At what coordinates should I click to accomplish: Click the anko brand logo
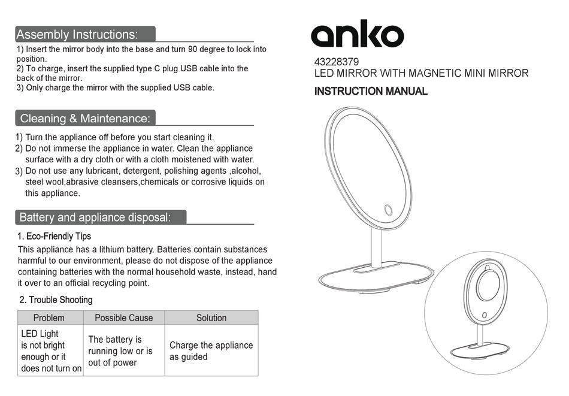pyautogui.click(x=357, y=36)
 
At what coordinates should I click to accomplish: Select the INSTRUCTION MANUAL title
pyautogui.click(x=371, y=92)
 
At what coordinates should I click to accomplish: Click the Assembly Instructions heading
pyautogui.click(x=77, y=34)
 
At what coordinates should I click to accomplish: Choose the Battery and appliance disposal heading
pyautogui.click(x=95, y=217)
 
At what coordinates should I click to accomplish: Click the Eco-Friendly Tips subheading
pyautogui.click(x=55, y=236)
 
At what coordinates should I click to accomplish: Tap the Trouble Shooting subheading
pyautogui.click(x=56, y=300)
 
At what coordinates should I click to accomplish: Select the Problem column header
pyautogui.click(x=49, y=318)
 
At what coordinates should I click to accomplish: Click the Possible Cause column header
pyautogui.click(x=123, y=318)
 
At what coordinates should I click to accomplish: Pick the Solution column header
pyautogui.click(x=211, y=318)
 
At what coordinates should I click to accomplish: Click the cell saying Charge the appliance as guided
pyautogui.click(x=211, y=350)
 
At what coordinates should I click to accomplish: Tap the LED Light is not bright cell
pyautogui.click(x=51, y=350)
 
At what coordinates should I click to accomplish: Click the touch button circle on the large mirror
pyautogui.click(x=388, y=210)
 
